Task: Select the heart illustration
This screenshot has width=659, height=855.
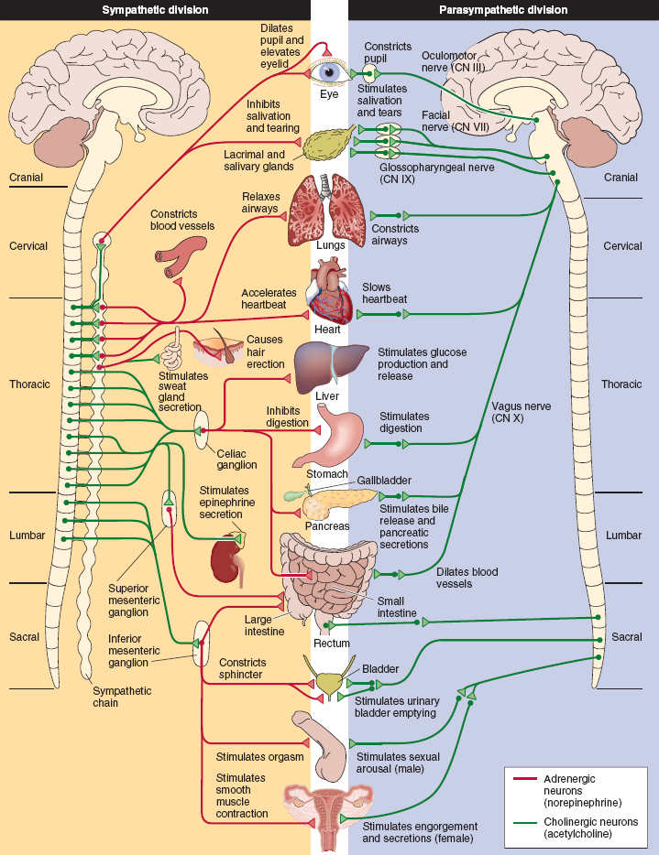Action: pyautogui.click(x=329, y=291)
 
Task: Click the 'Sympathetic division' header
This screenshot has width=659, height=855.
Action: pyautogui.click(x=156, y=10)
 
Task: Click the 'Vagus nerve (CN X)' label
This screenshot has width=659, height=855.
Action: pyautogui.click(x=521, y=412)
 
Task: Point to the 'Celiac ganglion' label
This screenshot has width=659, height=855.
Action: pyautogui.click(x=236, y=459)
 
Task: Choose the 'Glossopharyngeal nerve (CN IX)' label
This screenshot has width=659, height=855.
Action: pyautogui.click(x=436, y=174)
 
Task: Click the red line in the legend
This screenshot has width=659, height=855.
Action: pyautogui.click(x=526, y=779)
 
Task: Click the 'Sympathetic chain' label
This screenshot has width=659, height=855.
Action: pyautogui.click(x=122, y=697)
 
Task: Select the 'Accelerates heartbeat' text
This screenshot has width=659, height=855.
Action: pyautogui.click(x=269, y=298)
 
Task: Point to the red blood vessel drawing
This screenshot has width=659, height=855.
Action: pyautogui.click(x=180, y=257)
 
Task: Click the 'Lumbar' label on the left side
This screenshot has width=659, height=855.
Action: pyautogui.click(x=27, y=535)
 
